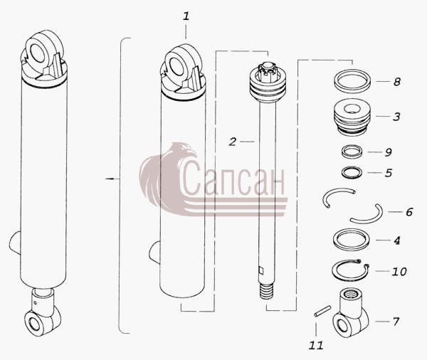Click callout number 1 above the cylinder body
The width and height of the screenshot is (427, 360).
(186, 16)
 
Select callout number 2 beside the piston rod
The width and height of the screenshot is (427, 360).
(232, 142)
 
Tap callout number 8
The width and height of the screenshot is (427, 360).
(397, 81)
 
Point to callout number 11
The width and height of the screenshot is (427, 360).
(316, 345)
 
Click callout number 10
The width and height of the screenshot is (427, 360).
(399, 271)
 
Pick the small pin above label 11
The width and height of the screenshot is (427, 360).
(322, 311)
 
